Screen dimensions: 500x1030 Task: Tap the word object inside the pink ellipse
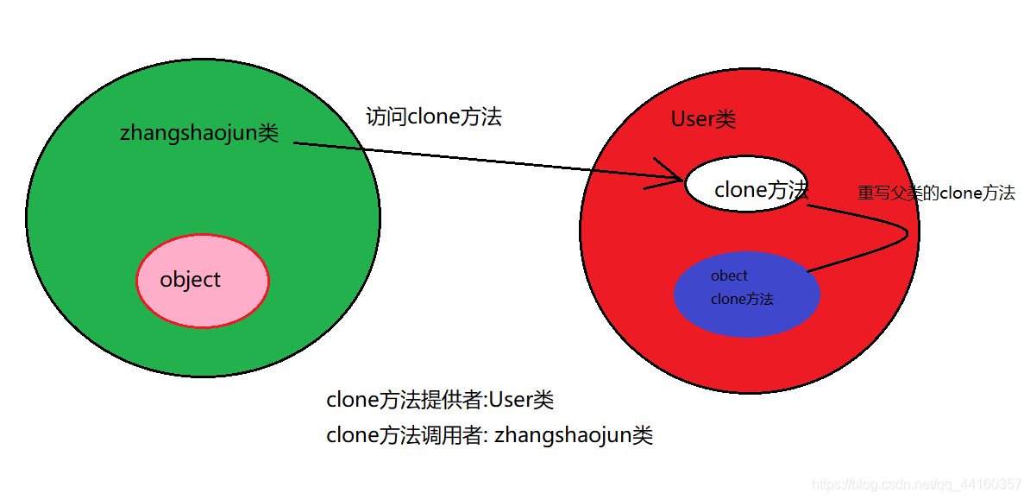(x=190, y=280)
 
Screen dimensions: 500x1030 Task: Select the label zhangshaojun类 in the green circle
(x=199, y=133)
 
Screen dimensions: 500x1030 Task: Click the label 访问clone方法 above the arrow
(x=434, y=117)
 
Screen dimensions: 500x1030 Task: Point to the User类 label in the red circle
(x=703, y=119)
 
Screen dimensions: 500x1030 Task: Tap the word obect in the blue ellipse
(x=729, y=275)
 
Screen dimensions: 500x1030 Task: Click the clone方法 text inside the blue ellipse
(x=742, y=299)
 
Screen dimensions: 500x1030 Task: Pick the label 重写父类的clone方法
(x=936, y=193)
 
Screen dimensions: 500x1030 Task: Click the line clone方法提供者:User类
(x=440, y=400)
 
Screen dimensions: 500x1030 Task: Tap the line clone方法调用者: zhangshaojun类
(x=489, y=435)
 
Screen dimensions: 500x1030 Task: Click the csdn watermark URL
(x=918, y=485)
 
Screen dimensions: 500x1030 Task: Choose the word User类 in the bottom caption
(x=521, y=400)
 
